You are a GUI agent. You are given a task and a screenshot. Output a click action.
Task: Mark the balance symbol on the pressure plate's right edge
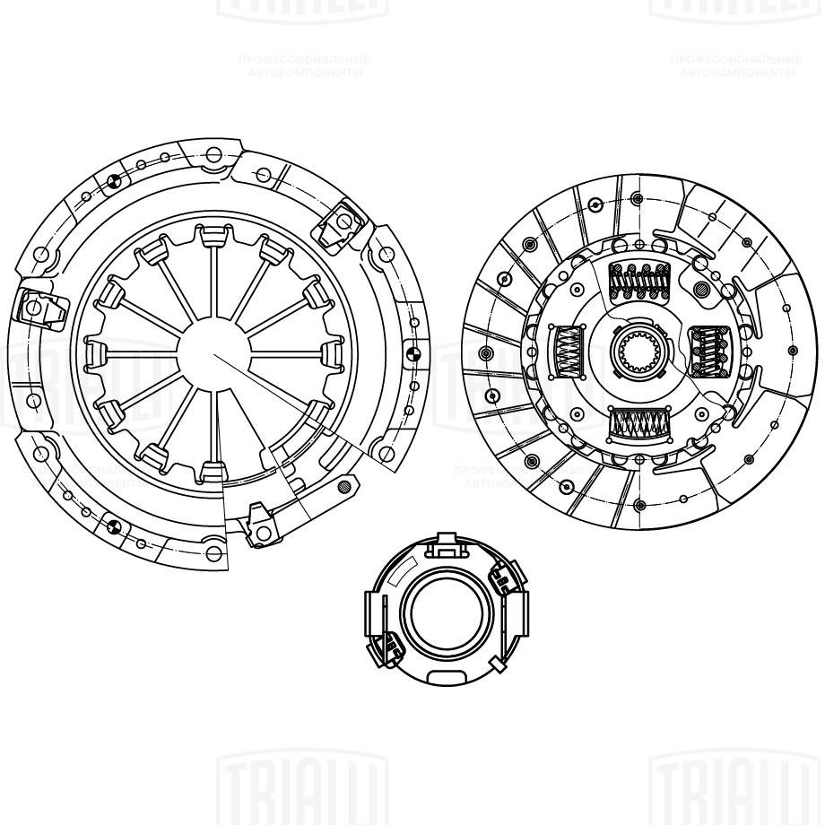point(411,351)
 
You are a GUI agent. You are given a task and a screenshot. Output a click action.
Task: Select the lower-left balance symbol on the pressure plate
point(113,523)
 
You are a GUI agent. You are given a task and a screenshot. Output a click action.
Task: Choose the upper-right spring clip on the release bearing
point(504,578)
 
